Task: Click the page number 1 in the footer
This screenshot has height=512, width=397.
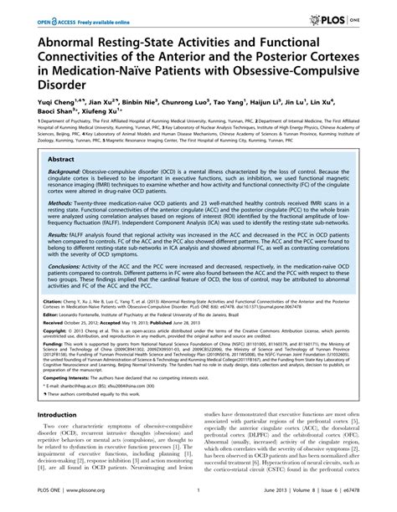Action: tap(197, 504)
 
